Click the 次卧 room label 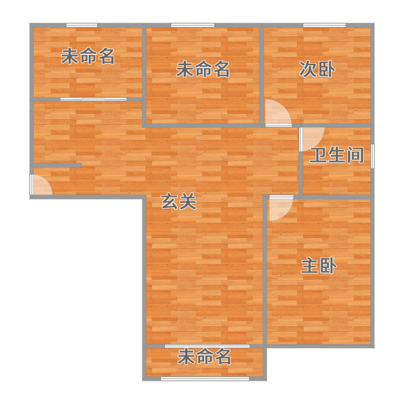coord(317,69)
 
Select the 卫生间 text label coord(337,155)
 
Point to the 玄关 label coord(179,201)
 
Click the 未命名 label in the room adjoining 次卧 coord(203,69)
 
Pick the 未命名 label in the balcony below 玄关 coord(205,357)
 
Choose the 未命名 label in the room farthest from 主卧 coord(88,56)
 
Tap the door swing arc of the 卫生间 coord(312,139)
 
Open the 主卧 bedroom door coord(281,208)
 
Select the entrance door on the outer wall coord(41,185)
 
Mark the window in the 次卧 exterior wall coord(324,25)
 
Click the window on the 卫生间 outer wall coord(373,157)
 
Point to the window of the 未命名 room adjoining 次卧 coord(193,25)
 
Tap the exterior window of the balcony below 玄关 coord(205,379)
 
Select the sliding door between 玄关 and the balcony coord(207,346)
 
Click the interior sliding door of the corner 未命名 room coord(93,99)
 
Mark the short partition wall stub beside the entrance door coord(57,165)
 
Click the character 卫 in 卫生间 coord(319,155)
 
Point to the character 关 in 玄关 coord(188,201)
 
